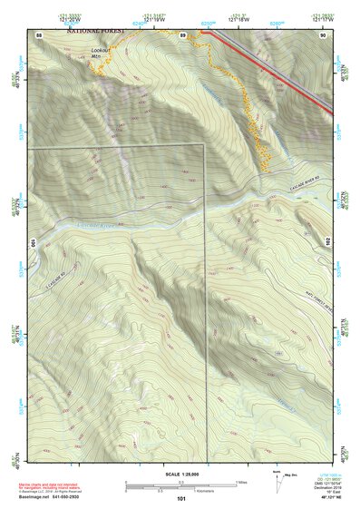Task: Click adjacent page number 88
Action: pyautogui.click(x=40, y=34)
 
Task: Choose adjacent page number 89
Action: pyautogui.click(x=182, y=34)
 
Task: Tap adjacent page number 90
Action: pyautogui.click(x=323, y=34)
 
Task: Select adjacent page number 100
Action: pyautogui.click(x=33, y=242)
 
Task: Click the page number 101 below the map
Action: pyautogui.click(x=181, y=499)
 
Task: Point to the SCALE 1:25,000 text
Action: pyautogui.click(x=181, y=475)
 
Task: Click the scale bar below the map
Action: pyautogui.click(x=181, y=484)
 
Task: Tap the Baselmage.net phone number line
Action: pyautogui.click(x=52, y=496)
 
